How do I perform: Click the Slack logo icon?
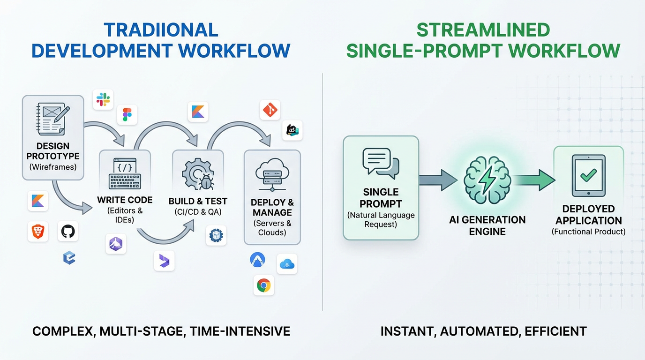(103, 99)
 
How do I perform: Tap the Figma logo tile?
(127, 114)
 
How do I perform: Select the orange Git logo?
(270, 110)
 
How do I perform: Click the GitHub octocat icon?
(68, 232)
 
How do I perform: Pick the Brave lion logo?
(37, 232)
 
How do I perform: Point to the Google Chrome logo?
(264, 285)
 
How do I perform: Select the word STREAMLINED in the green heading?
(483, 30)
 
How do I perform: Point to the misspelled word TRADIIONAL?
(161, 30)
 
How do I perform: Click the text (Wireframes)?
(52, 167)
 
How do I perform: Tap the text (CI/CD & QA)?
(198, 212)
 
